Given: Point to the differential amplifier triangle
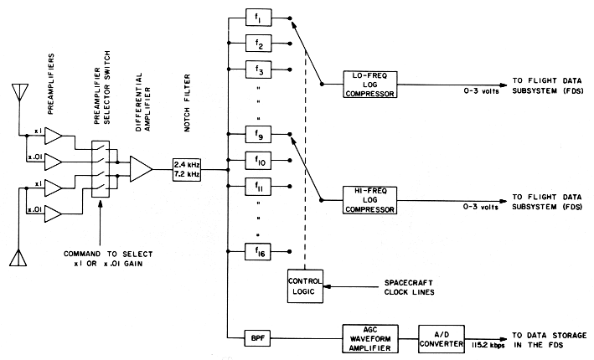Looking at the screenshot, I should click(x=141, y=168).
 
